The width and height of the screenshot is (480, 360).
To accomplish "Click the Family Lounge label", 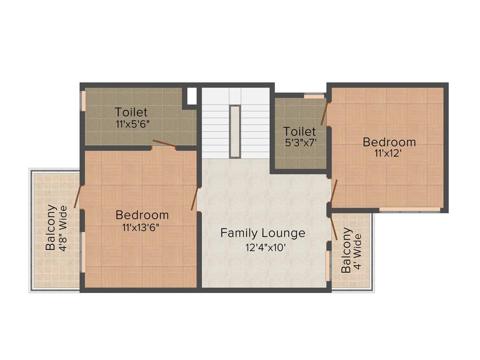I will pyautogui.click(x=262, y=233).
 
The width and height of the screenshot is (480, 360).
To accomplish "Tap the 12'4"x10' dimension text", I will pyautogui.click(x=265, y=248).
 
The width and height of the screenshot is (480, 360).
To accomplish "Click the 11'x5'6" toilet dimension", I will pyautogui.click(x=133, y=125).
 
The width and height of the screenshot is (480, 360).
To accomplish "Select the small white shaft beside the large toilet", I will pyautogui.click(x=192, y=96).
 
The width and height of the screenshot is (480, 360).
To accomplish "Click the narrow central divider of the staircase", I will pyautogui.click(x=235, y=132).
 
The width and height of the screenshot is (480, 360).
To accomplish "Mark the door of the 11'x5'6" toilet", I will pyautogui.click(x=165, y=144).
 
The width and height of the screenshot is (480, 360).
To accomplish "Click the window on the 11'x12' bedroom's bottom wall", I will pyautogui.click(x=409, y=209).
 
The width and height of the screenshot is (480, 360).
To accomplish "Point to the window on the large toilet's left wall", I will pyautogui.click(x=83, y=101).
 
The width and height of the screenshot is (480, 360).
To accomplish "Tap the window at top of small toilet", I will pyautogui.click(x=314, y=97).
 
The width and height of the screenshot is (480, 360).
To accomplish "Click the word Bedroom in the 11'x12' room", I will pyautogui.click(x=389, y=142).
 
